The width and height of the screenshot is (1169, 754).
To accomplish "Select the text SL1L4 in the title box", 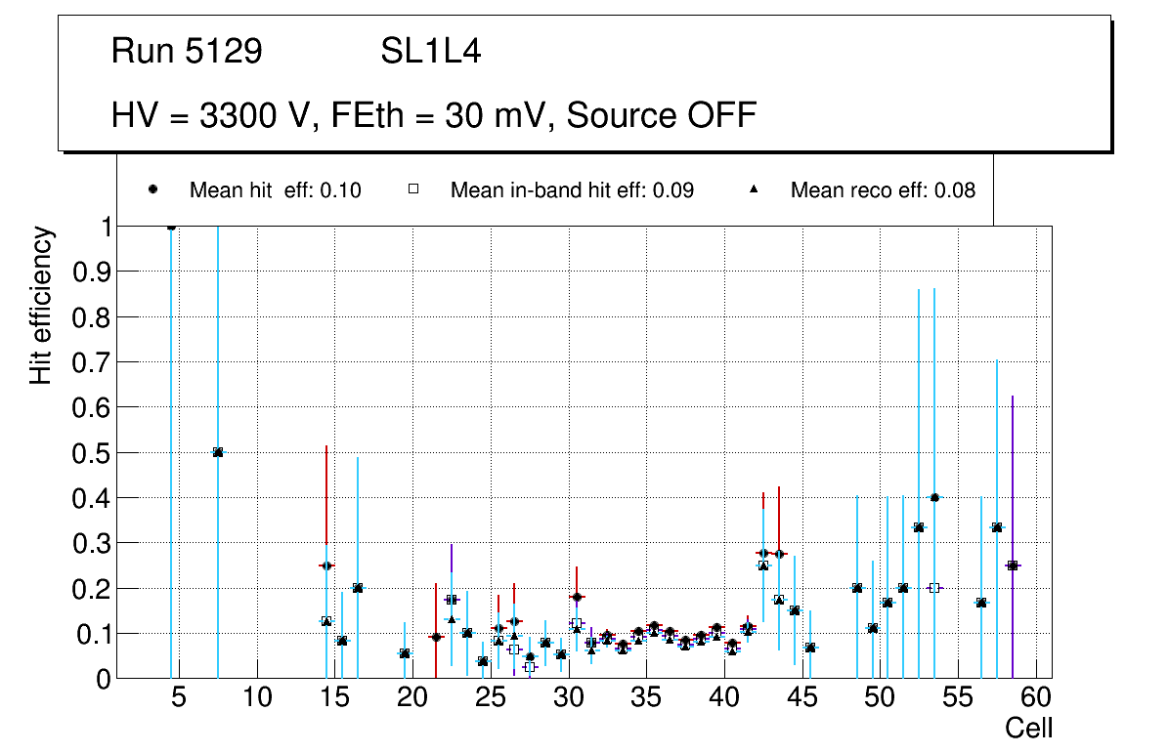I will pyautogui.click(x=430, y=52).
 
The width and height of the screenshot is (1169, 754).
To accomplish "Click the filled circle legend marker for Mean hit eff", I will pyautogui.click(x=153, y=190).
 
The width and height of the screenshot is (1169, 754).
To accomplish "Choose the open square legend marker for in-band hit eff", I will pyautogui.click(x=413, y=190).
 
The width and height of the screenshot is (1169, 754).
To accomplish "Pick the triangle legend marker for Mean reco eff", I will pyautogui.click(x=754, y=190).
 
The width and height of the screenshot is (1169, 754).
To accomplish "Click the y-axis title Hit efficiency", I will pyautogui.click(x=41, y=305).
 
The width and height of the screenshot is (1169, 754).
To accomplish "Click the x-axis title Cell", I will pyautogui.click(x=1028, y=728).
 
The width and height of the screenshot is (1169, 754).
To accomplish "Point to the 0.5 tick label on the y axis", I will pyautogui.click(x=91, y=452).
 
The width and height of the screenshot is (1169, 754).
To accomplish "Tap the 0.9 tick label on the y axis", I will pyautogui.click(x=91, y=272).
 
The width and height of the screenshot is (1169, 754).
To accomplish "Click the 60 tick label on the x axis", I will pyautogui.click(x=1035, y=697).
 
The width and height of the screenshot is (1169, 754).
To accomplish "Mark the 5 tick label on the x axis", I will pyautogui.click(x=179, y=697).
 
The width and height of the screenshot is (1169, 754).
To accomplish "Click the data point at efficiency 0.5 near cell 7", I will pyautogui.click(x=218, y=452).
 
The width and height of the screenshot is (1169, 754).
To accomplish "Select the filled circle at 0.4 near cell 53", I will pyautogui.click(x=934, y=497).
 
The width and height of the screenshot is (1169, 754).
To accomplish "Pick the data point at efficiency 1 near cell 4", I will pyautogui.click(x=171, y=227).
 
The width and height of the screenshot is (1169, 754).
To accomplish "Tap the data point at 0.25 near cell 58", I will pyautogui.click(x=1013, y=565).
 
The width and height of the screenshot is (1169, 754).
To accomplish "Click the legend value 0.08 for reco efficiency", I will pyautogui.click(x=955, y=190).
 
